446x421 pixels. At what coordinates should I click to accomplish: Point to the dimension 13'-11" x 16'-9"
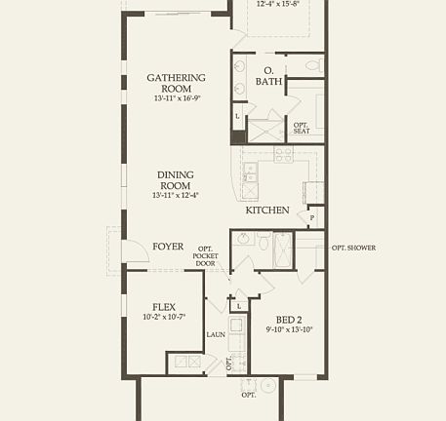(x=176, y=98)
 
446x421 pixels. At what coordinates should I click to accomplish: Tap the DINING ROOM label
(x=176, y=180)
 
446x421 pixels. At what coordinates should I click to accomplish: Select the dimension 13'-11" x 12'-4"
(x=176, y=196)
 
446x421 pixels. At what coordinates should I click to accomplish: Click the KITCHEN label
(x=266, y=210)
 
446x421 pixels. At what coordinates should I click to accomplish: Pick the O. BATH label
(x=268, y=76)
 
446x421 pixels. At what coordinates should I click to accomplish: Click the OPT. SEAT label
(x=302, y=128)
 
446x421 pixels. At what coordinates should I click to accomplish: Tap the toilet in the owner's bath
(x=311, y=66)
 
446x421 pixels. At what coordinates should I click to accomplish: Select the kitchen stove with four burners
(x=284, y=154)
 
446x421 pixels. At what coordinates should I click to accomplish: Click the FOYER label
(x=168, y=247)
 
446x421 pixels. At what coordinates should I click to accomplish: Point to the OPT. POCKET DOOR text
(x=205, y=256)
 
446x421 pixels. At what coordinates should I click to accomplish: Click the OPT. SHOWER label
(x=353, y=248)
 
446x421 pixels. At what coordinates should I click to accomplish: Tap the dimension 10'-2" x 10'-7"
(x=164, y=317)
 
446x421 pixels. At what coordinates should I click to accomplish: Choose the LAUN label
(x=216, y=335)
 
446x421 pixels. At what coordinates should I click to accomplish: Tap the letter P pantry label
(x=311, y=218)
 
